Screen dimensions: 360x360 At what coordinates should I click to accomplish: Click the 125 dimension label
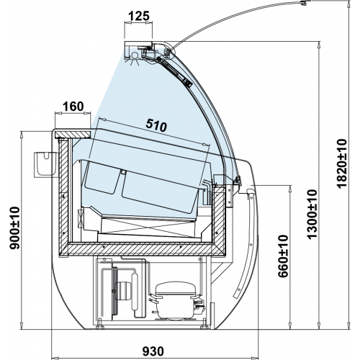(x=139, y=16)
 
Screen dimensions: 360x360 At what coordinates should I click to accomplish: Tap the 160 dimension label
(x=73, y=107)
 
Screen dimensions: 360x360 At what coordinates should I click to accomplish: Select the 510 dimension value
(x=156, y=125)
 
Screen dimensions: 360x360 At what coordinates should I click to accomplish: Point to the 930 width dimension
(x=153, y=351)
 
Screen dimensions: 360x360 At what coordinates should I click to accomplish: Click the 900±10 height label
(x=14, y=228)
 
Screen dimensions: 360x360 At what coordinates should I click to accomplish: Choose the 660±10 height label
(x=283, y=256)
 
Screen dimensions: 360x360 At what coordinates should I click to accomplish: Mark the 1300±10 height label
(x=312, y=214)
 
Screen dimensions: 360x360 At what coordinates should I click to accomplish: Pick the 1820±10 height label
(x=341, y=163)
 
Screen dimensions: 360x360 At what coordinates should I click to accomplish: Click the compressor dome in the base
(x=176, y=288)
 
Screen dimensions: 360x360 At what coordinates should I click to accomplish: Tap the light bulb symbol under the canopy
(x=134, y=58)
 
